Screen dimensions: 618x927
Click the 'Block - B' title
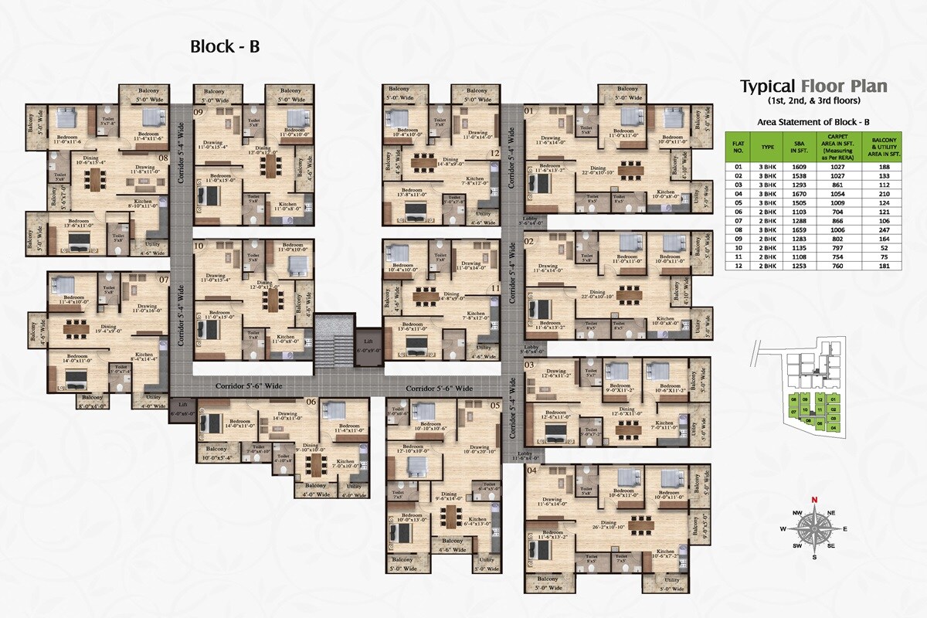225,46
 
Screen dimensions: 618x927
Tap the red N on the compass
813,499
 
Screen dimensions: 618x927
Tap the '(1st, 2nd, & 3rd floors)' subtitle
813,101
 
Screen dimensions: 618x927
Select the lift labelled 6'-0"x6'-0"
182,408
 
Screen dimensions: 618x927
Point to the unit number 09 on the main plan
199,113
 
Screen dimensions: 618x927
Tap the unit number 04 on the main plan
531,470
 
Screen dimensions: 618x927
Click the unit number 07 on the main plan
164,279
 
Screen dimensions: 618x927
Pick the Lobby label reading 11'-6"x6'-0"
525,456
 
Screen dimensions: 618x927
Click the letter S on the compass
813,557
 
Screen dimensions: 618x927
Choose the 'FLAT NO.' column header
739,145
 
